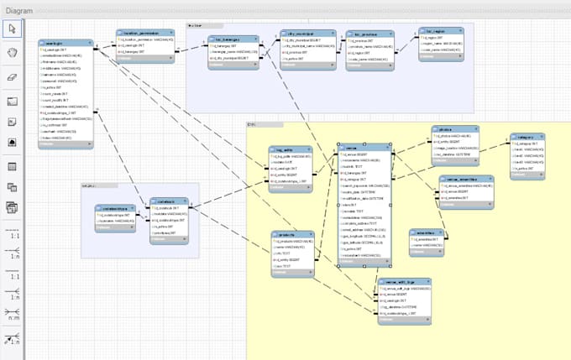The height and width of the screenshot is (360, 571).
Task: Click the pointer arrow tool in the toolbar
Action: (x=13, y=29)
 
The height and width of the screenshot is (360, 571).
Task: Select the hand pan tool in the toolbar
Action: (x=13, y=52)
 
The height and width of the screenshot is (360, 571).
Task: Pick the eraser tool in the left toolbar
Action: (x=13, y=76)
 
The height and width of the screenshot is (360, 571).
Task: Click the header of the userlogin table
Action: (x=65, y=41)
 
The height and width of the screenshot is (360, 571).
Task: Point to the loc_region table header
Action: (x=443, y=32)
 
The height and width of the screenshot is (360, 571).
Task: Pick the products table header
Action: (x=292, y=235)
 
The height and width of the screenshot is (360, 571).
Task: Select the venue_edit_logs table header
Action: (x=402, y=283)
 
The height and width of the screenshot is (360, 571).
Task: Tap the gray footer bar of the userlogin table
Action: (x=65, y=145)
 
